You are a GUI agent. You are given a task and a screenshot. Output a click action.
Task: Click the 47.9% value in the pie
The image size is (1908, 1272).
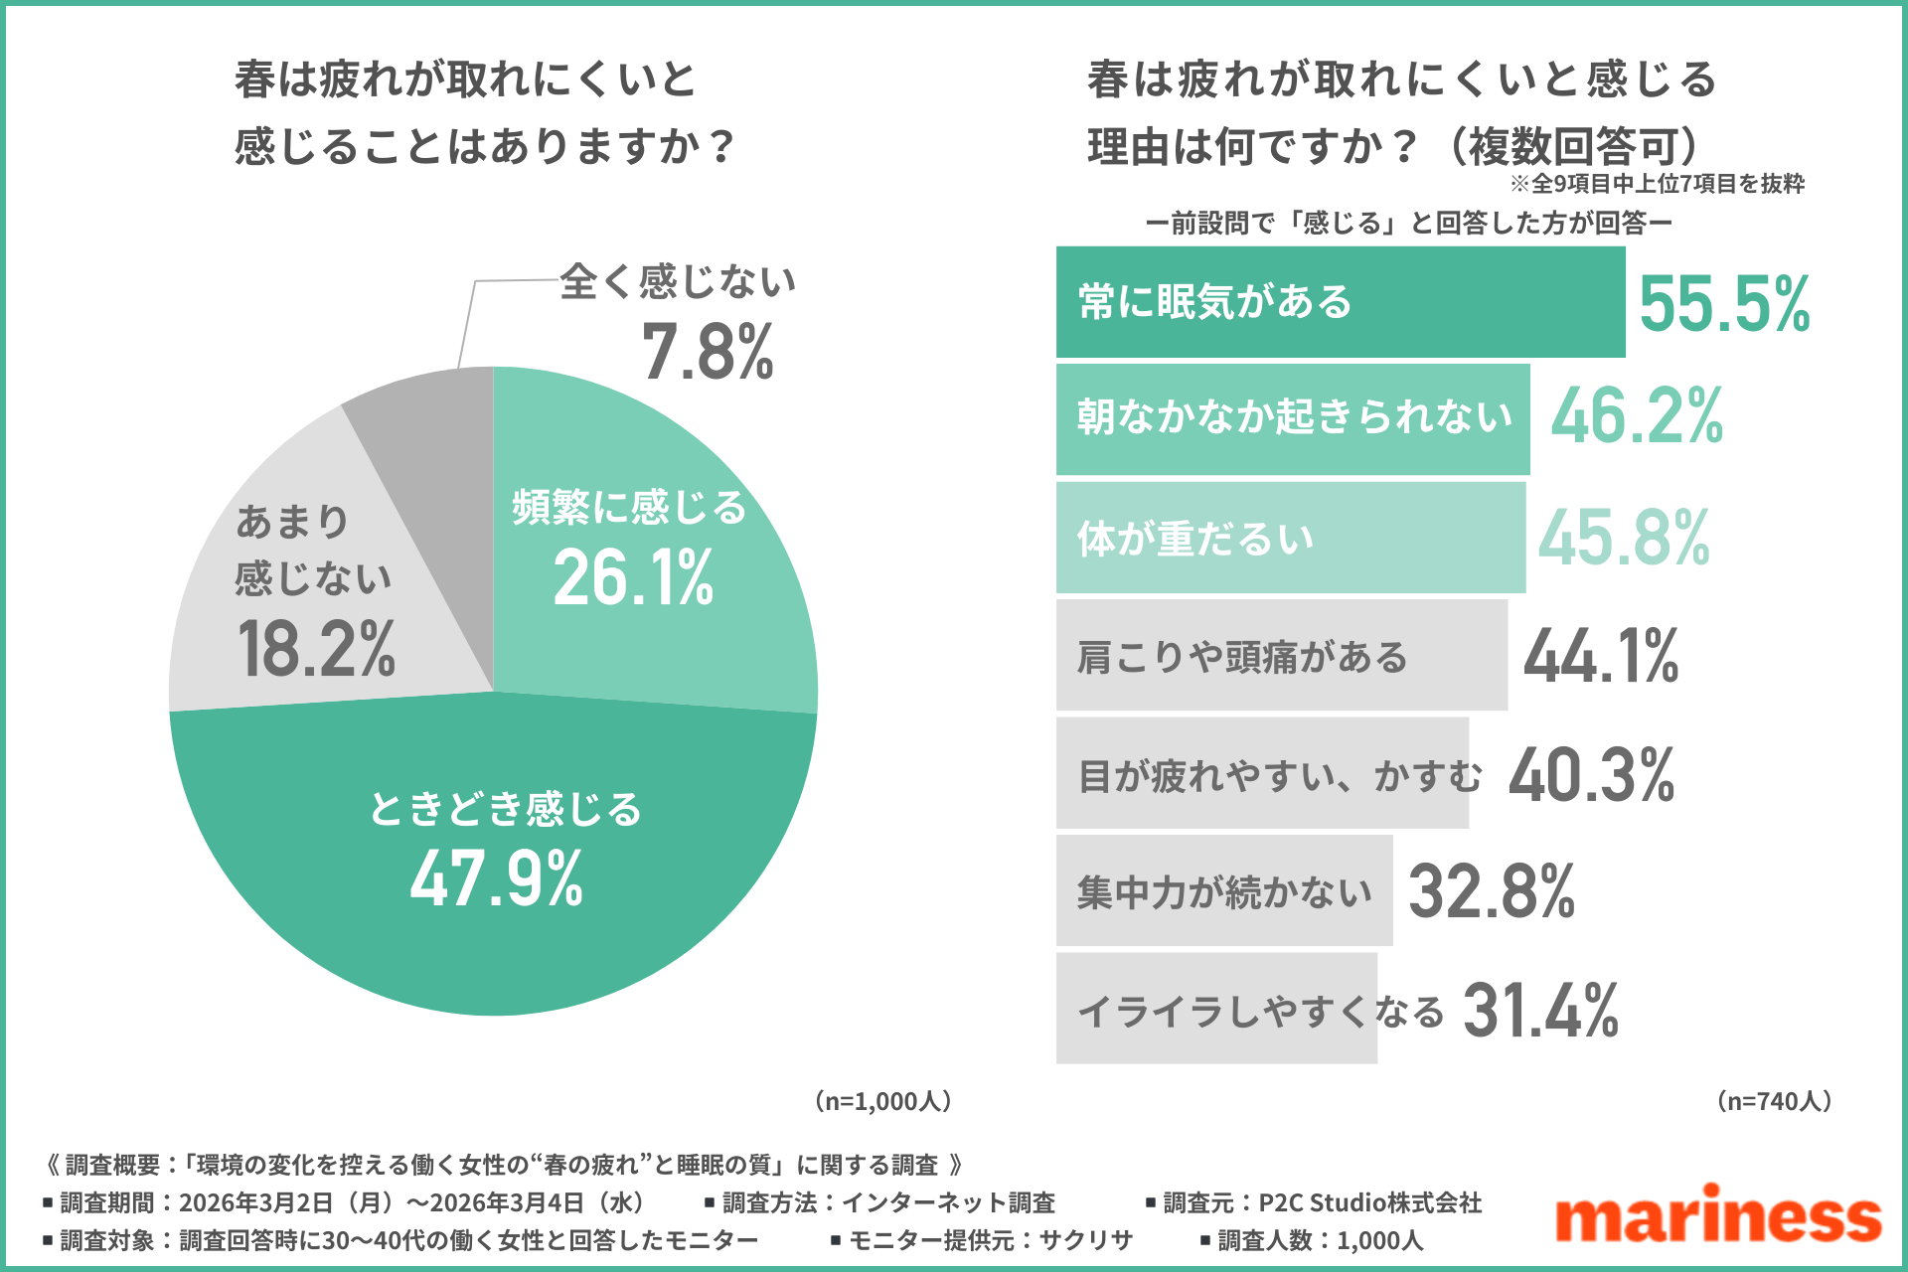click(497, 879)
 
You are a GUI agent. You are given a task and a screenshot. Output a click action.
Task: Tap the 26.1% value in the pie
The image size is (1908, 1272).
click(633, 578)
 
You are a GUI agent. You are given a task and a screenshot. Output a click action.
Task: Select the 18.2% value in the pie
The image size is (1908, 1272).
click(316, 650)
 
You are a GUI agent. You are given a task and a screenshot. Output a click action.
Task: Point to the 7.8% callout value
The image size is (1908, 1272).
click(708, 353)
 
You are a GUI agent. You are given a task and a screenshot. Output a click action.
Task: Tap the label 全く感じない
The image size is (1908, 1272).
click(678, 282)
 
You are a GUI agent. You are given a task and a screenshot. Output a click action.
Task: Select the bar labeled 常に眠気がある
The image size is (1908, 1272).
click(1340, 302)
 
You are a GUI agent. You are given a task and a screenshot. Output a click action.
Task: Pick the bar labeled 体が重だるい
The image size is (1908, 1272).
click(1290, 538)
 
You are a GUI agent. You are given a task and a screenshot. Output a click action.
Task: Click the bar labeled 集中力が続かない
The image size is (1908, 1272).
click(1224, 891)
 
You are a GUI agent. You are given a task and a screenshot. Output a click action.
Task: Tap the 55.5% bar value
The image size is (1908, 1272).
click(1724, 304)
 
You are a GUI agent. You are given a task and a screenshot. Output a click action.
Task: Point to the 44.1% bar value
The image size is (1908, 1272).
click(1601, 657)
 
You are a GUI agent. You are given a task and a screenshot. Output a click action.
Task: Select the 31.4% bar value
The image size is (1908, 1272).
click(1540, 1011)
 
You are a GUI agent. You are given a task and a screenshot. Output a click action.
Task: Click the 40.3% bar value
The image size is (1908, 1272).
click(1591, 775)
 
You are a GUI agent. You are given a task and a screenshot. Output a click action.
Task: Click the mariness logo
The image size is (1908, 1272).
click(1718, 1214)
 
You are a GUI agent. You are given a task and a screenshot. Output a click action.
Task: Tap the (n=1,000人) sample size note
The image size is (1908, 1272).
click(883, 1101)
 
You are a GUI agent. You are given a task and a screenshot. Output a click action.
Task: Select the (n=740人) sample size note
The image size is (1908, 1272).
click(1775, 1101)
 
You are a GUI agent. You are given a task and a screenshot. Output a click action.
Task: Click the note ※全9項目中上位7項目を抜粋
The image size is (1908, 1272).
click(1657, 184)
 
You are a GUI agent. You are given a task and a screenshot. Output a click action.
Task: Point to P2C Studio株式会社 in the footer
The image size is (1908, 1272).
click(1370, 1203)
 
